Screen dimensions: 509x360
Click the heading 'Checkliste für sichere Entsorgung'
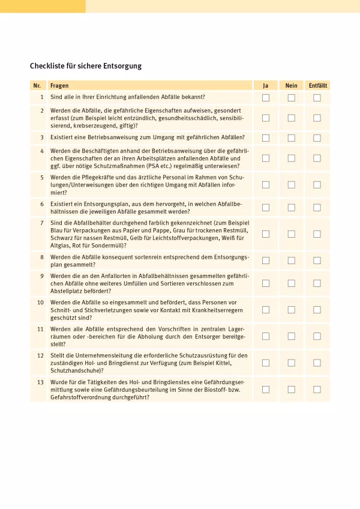86,66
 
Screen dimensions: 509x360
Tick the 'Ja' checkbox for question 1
266,97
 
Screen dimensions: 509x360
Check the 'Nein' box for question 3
291,137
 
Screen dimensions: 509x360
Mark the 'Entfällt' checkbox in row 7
317,233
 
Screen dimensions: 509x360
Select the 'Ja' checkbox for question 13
266,389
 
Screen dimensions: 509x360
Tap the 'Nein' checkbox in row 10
291,309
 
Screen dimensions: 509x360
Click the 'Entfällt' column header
317,86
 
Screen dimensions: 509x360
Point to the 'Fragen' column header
59,86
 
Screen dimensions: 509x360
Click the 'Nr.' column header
37,86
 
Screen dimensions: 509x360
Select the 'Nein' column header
291,86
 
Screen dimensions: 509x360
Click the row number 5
42,178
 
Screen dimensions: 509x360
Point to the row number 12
40,355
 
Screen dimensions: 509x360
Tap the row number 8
42,256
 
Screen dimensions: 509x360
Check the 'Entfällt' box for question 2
317,118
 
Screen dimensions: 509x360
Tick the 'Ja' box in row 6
266,207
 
